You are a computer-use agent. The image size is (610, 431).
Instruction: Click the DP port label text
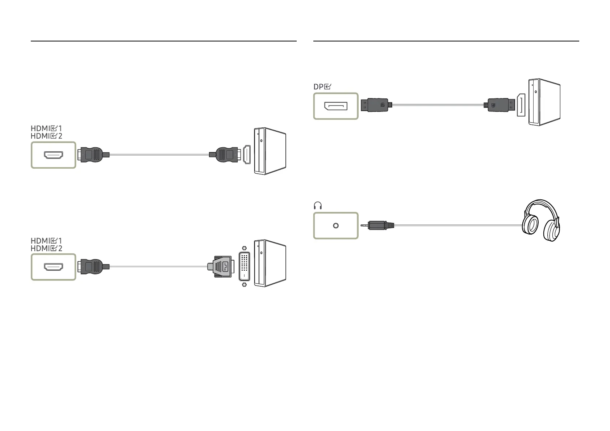click(322, 87)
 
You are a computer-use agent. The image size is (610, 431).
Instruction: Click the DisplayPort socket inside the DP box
click(336, 106)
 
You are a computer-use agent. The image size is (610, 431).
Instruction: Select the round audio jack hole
click(336, 226)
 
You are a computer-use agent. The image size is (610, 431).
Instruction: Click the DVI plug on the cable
click(221, 267)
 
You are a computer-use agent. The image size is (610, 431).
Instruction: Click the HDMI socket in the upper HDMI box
click(54, 155)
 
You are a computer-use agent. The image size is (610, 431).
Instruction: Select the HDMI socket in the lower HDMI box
click(54, 267)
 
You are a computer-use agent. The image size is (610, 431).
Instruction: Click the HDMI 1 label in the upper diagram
click(46, 128)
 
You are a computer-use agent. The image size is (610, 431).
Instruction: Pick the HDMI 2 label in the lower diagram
click(46, 249)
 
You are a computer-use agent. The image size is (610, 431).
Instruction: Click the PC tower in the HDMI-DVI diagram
click(270, 263)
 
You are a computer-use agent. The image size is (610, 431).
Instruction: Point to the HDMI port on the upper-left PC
click(247, 155)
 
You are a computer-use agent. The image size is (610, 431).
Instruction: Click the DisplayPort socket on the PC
click(521, 105)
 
